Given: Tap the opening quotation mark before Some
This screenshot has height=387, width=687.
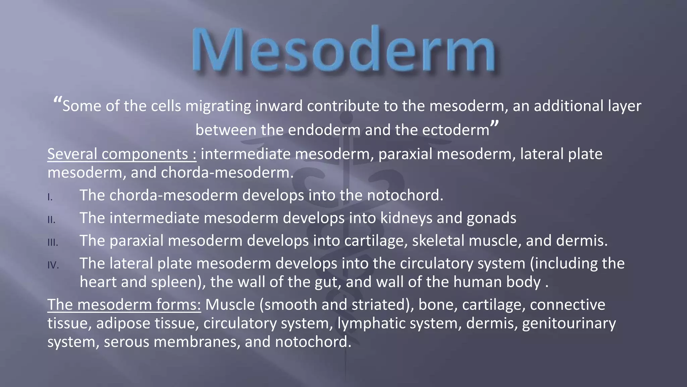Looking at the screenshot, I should click(x=57, y=101).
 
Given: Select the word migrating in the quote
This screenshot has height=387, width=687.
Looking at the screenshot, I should click(x=218, y=106).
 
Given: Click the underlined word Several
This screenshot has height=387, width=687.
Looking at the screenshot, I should click(x=72, y=154).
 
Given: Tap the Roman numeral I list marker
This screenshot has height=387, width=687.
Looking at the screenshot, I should click(x=50, y=198).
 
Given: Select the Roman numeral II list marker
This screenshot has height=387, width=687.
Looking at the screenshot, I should click(x=51, y=220).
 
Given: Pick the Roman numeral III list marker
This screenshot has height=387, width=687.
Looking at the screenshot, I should click(x=53, y=243).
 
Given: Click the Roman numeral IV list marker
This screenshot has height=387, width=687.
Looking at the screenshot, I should click(x=53, y=266).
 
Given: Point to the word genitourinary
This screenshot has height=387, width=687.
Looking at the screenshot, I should click(x=569, y=324).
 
